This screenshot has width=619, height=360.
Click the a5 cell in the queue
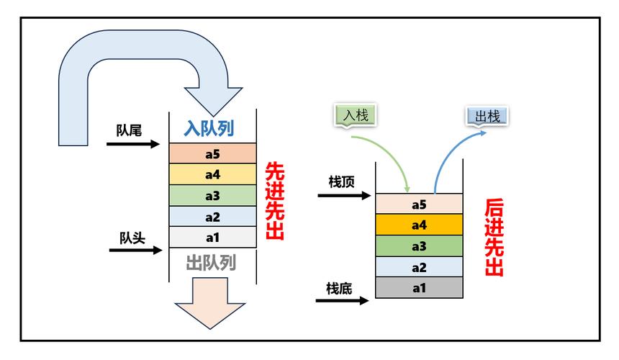coord(212,153)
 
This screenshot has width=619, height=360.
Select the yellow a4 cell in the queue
coord(212,174)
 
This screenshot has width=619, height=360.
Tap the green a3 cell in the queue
coord(212,195)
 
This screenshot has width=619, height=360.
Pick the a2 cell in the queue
coord(212,216)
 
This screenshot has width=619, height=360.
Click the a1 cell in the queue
coord(212,237)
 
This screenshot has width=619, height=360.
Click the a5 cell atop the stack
coord(419,204)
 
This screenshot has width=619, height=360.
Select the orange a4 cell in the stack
coord(419,225)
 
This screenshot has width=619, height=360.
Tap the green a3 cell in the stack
coord(419,246)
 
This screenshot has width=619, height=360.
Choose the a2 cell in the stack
coord(419,267)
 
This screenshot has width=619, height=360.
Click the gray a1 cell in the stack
coord(419,288)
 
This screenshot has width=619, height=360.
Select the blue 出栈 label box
coord(487,117)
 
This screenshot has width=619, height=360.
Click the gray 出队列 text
coord(211,262)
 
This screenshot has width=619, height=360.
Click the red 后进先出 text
coord(494,238)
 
